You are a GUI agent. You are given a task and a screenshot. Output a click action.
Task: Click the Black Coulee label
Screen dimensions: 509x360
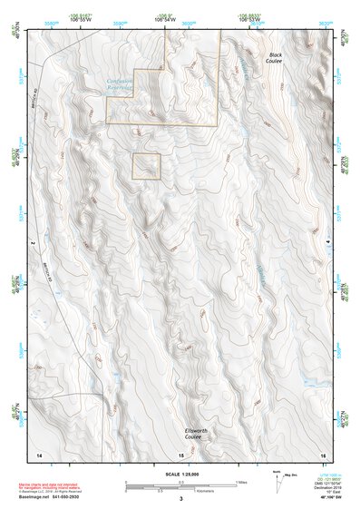click(275, 59)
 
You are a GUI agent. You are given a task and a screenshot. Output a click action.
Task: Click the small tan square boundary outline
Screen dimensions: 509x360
click(146, 167)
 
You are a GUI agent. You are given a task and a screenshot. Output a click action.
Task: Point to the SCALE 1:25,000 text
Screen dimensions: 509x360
click(180, 474)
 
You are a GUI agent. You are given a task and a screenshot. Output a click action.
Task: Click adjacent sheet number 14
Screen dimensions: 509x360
click(38, 454)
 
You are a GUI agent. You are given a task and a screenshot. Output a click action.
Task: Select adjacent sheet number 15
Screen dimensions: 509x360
click(180, 454)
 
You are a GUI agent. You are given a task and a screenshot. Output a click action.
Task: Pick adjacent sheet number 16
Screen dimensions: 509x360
click(322, 454)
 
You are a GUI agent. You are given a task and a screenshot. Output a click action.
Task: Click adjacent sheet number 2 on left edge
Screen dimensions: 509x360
click(30, 243)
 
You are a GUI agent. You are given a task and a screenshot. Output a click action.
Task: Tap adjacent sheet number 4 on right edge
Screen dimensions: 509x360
click(327, 243)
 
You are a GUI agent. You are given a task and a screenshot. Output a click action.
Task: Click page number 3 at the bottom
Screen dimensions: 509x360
click(180, 499)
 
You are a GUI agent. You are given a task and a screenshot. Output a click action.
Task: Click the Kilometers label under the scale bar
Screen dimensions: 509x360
click(180, 491)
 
